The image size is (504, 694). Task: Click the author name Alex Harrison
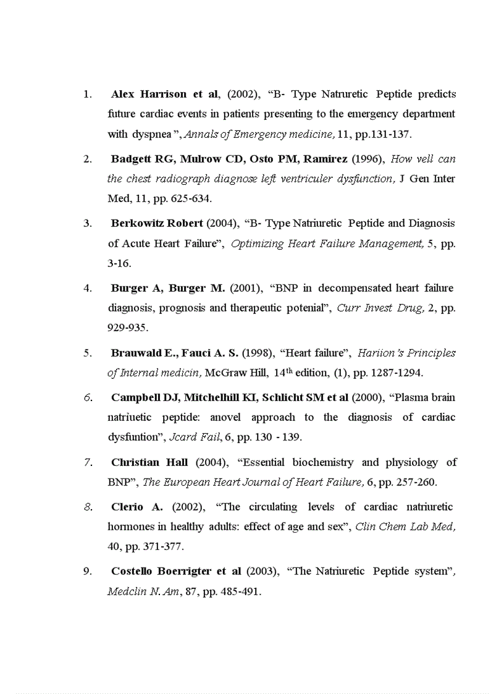click(x=148, y=95)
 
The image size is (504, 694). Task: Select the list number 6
click(x=88, y=397)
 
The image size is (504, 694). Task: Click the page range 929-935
click(x=127, y=328)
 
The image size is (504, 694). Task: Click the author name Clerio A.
click(x=137, y=507)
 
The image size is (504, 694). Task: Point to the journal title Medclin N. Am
click(x=143, y=591)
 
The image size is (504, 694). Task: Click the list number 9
click(x=88, y=571)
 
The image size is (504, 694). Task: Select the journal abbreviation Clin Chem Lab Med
click(x=405, y=527)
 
